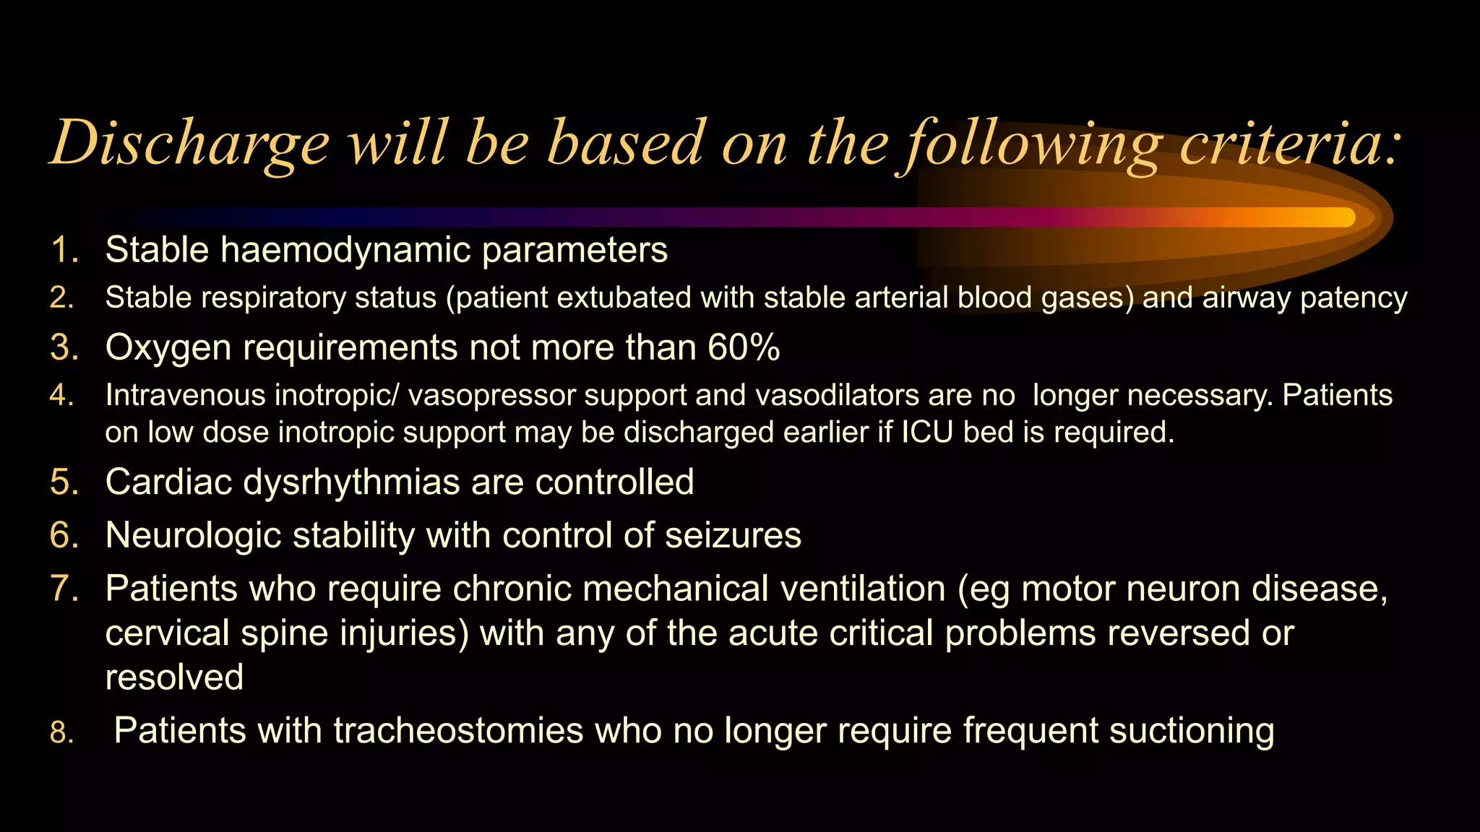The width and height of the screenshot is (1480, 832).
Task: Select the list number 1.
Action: pyautogui.click(x=64, y=251)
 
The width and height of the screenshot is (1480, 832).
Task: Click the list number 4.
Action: pyautogui.click(x=62, y=396)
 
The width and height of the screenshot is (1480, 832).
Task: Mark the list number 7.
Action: pyautogui.click(x=64, y=589)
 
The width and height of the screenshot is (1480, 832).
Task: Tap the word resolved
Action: pyautogui.click(x=174, y=677)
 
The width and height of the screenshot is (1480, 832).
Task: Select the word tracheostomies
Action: pyautogui.click(x=457, y=730)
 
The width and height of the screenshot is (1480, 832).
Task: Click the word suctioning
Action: pyautogui.click(x=1191, y=730)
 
